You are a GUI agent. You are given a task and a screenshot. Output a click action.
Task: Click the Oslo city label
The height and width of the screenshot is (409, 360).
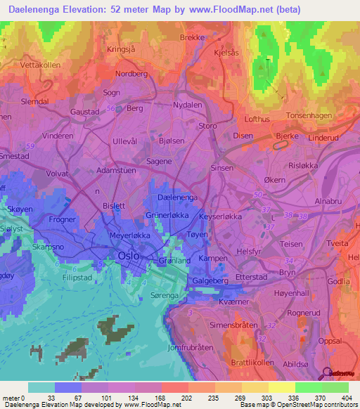[128, 257]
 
